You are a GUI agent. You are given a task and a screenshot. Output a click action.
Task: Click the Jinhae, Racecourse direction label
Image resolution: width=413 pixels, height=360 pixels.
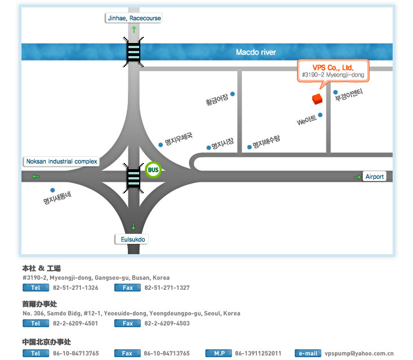[x=134, y=18]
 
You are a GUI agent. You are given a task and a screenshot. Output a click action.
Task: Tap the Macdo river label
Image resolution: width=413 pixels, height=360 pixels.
[x=256, y=52]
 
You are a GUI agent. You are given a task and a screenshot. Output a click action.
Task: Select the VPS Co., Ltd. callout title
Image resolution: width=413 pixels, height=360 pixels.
[x=333, y=68]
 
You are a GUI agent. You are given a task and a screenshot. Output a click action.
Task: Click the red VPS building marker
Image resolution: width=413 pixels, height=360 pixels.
[x=317, y=99]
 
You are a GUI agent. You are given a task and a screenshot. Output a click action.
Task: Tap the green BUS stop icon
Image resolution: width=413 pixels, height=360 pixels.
[x=153, y=170]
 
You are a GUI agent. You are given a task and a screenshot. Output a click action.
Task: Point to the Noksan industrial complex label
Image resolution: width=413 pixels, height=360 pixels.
[x=62, y=161]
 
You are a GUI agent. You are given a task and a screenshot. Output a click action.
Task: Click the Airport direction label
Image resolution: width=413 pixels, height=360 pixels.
[x=375, y=177]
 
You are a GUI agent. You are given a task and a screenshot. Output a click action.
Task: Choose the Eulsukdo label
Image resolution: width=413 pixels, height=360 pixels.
[x=132, y=239]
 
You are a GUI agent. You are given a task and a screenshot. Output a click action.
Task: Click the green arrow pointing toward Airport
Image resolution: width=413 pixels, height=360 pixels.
[x=357, y=177]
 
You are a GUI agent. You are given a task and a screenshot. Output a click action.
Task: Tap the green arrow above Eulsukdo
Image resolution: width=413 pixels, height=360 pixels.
[x=134, y=226]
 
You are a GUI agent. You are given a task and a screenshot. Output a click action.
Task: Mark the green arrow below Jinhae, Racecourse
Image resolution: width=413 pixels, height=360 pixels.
[x=134, y=29]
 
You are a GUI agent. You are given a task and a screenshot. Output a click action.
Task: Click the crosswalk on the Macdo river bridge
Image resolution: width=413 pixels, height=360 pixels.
[x=134, y=52]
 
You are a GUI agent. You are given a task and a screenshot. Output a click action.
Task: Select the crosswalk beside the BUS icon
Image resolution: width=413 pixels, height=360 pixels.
[x=134, y=178]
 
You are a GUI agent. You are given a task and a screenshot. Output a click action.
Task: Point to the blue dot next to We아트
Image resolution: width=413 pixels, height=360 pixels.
[x=320, y=115]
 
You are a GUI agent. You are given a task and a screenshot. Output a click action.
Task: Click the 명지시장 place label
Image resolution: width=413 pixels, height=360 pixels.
[x=222, y=143]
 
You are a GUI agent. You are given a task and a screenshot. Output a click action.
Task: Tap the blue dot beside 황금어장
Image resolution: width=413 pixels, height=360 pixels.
[x=233, y=94]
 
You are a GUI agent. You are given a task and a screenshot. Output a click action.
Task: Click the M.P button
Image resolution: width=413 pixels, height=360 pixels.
[x=218, y=353]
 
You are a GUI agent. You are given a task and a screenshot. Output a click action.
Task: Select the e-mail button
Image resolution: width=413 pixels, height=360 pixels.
[x=308, y=353]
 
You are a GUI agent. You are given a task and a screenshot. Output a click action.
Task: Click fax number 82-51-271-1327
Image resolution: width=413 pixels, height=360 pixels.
[x=167, y=288]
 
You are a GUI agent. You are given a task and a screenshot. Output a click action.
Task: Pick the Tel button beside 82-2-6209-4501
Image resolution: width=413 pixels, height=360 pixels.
[x=36, y=323]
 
